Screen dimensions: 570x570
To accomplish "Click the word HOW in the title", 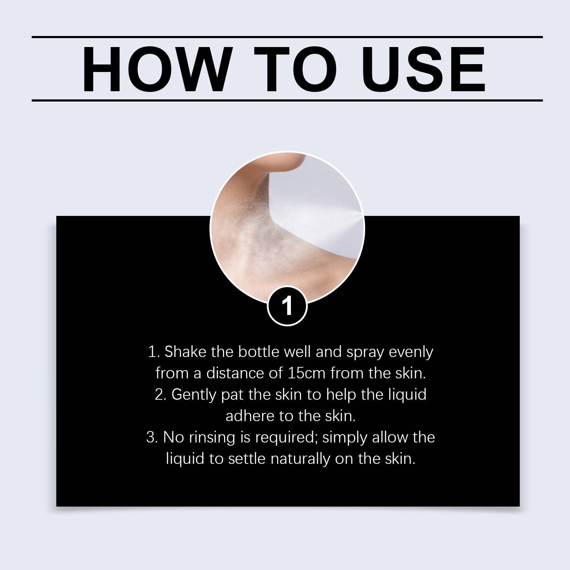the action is coord(156,69).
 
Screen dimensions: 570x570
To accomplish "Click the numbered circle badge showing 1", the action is coord(287,306).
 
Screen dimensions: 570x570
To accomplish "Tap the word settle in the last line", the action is coord(247,458).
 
